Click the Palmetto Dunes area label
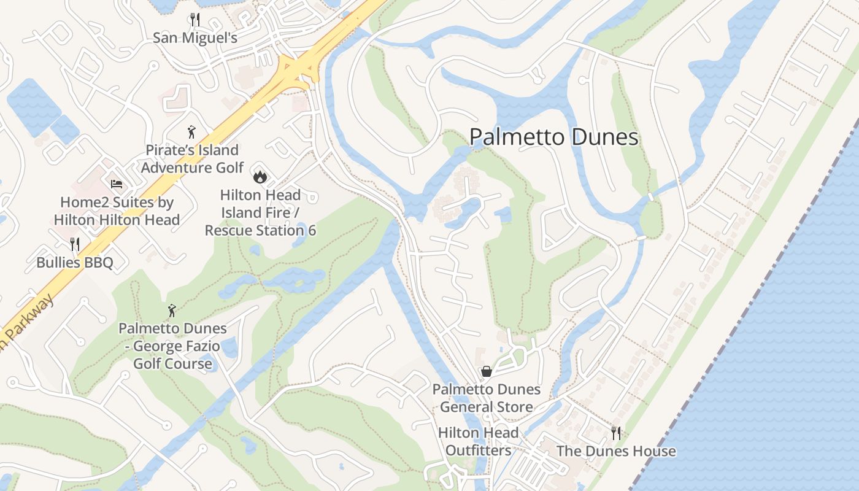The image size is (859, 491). point(554,137)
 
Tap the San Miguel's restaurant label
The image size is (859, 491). point(195,37)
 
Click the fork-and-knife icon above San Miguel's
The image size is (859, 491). point(195,20)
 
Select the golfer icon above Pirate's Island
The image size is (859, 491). point(192,132)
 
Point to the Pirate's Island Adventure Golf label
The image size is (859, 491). point(192,158)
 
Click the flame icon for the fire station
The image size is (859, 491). point(260,177)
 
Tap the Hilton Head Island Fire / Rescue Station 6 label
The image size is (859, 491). point(260,212)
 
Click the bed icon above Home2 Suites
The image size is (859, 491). point(117,184)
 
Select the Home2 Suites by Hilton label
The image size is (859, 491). point(117,211)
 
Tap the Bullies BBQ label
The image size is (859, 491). point(75,263)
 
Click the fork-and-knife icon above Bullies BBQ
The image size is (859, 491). point(75,244)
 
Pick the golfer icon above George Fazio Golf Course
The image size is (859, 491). point(172,311)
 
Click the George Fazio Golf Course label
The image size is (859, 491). point(172,346)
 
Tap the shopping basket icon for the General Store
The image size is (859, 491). point(486,371)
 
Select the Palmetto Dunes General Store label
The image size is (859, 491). point(486,398)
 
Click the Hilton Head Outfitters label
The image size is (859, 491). point(478,441)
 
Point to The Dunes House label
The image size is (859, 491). point(615,451)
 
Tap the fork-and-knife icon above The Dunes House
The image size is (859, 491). point(616,433)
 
